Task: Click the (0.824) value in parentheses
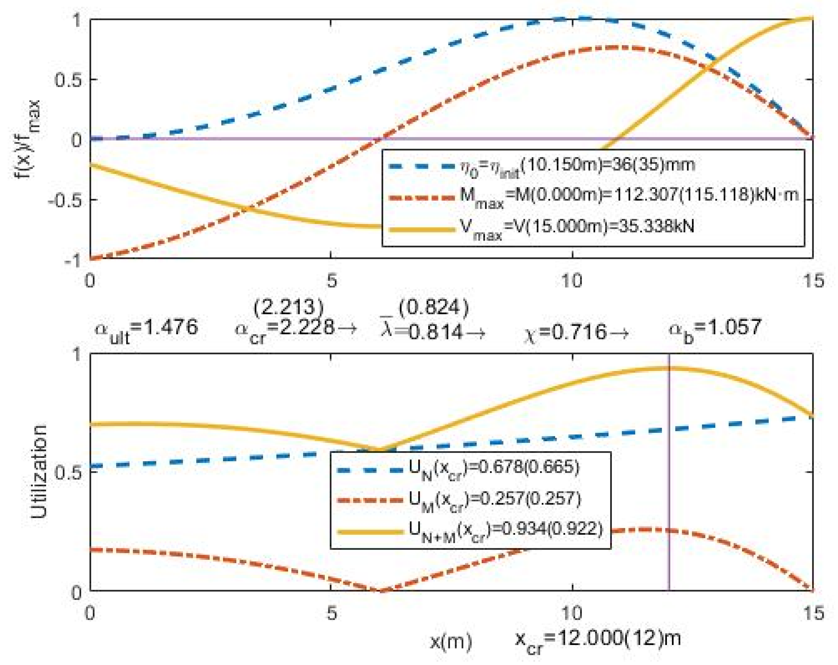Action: (433, 308)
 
